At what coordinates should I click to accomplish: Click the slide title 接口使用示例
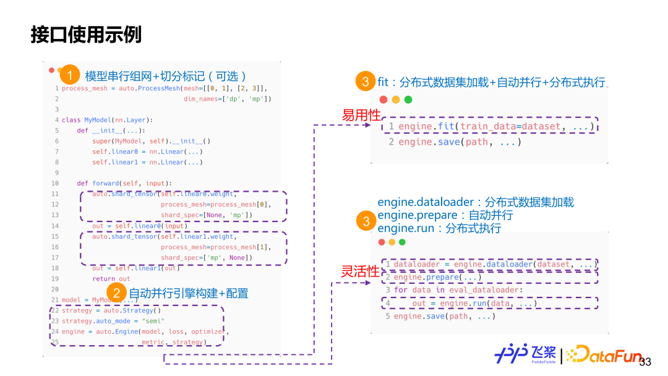(86, 35)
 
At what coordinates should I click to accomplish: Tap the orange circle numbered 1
(70, 75)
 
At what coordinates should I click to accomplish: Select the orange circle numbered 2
(117, 293)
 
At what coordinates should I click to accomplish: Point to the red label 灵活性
(361, 271)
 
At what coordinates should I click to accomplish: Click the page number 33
(645, 362)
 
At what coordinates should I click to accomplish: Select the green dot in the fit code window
(408, 100)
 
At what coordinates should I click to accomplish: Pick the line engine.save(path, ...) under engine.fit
(455, 142)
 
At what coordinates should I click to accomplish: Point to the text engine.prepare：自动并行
(445, 215)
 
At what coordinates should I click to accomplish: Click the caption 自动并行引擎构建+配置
(188, 293)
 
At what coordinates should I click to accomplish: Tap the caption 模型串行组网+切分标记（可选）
(166, 76)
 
